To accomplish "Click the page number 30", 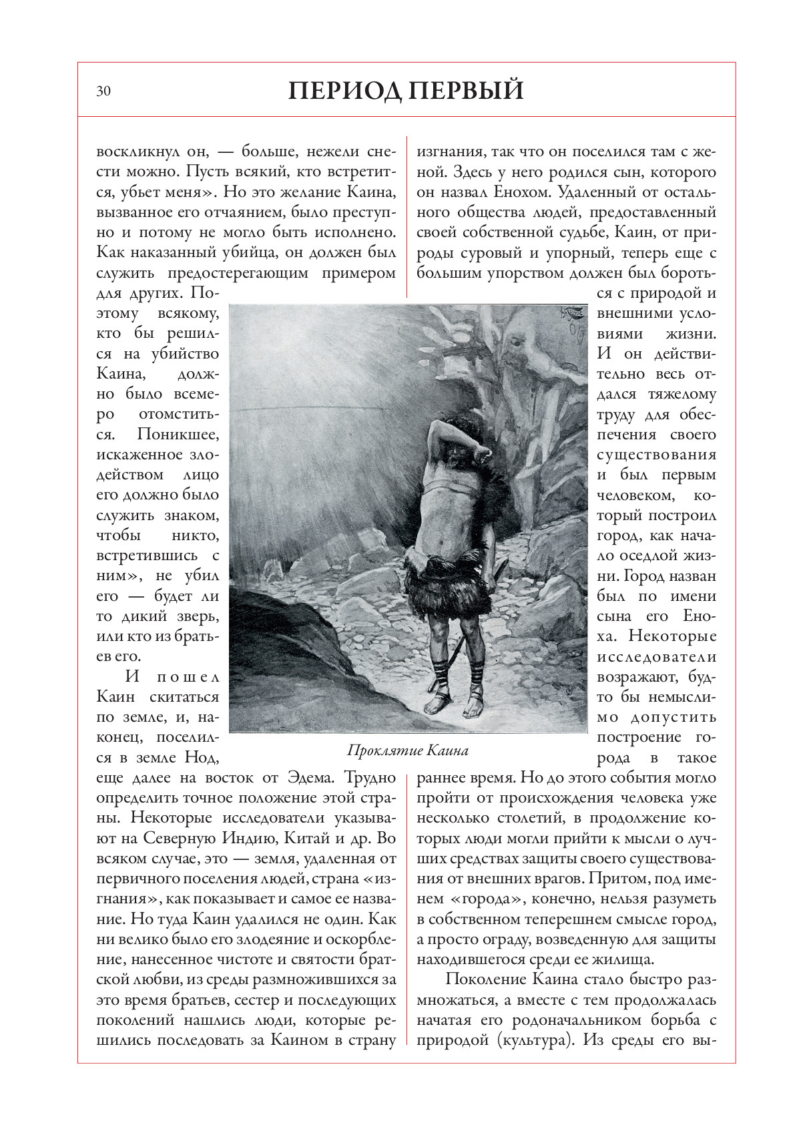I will click(103, 91).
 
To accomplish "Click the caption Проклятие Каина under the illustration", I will click(408, 750).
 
